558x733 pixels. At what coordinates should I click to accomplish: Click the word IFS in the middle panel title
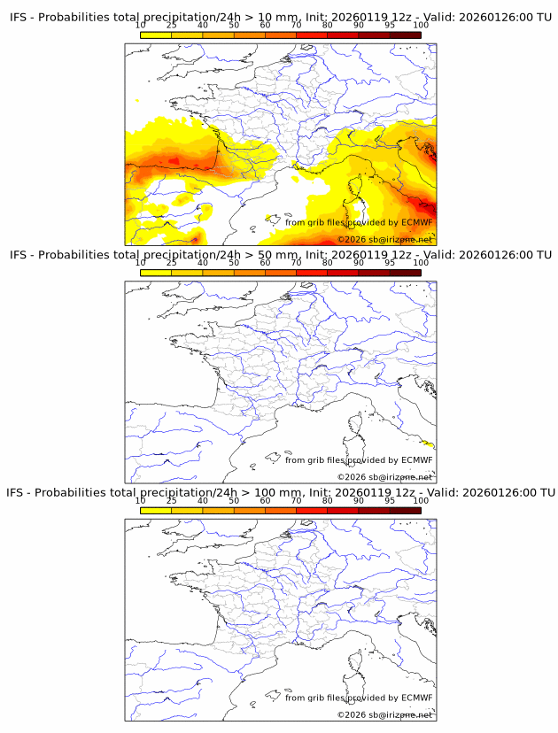click(x=19, y=255)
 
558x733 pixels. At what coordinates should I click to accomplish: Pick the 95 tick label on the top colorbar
click(x=390, y=26)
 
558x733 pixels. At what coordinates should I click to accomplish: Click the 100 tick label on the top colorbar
click(x=421, y=26)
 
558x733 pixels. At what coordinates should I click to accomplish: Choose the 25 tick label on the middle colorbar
click(x=172, y=263)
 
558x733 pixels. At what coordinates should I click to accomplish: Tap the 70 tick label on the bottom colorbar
click(x=297, y=500)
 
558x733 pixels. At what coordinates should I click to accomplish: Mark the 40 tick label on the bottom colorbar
click(x=203, y=500)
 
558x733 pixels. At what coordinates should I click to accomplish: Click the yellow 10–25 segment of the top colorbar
click(x=156, y=35)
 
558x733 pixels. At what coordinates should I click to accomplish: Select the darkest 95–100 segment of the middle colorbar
click(x=406, y=272)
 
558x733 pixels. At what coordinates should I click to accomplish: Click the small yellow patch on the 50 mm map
click(x=429, y=444)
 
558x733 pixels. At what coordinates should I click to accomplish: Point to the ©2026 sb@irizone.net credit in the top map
click(x=384, y=240)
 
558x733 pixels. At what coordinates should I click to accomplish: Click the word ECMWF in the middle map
click(x=417, y=460)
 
